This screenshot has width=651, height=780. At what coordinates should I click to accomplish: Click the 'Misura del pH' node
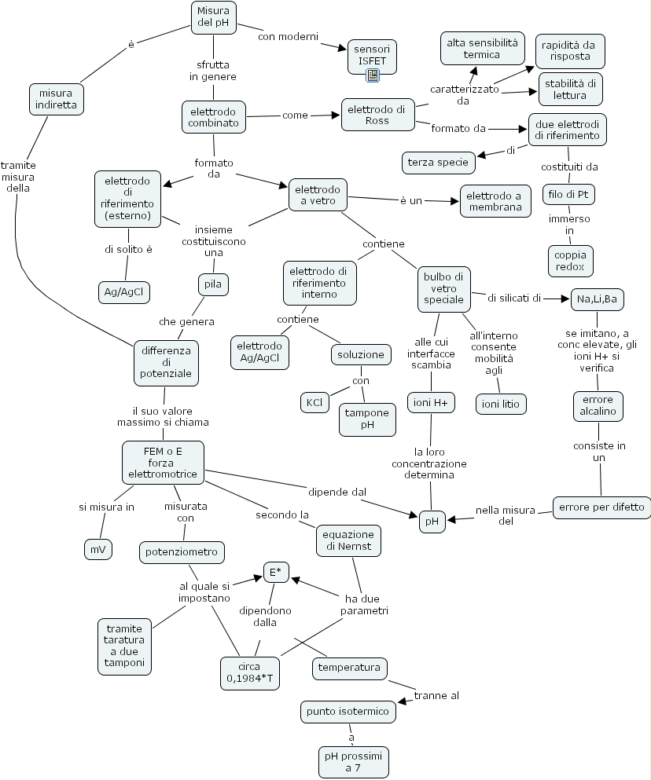click(214, 17)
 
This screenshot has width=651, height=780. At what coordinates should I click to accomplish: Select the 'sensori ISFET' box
click(372, 54)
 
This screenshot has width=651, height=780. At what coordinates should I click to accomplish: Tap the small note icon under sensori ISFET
click(373, 75)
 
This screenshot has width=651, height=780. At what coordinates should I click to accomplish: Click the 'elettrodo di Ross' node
click(377, 115)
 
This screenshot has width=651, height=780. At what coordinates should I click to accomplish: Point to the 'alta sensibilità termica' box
click(483, 48)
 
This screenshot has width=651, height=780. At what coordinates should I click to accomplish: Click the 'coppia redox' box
click(570, 261)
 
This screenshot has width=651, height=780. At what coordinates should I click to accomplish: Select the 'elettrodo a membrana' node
click(494, 201)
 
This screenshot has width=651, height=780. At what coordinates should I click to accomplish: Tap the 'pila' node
click(212, 284)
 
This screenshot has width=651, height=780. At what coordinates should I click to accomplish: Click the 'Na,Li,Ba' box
click(597, 299)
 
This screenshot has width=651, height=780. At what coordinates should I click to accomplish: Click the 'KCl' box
click(314, 402)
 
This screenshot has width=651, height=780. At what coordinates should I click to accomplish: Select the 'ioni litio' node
click(501, 404)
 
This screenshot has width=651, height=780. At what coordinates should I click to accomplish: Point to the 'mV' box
click(97, 550)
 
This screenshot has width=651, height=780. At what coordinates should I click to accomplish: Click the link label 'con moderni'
click(288, 36)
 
